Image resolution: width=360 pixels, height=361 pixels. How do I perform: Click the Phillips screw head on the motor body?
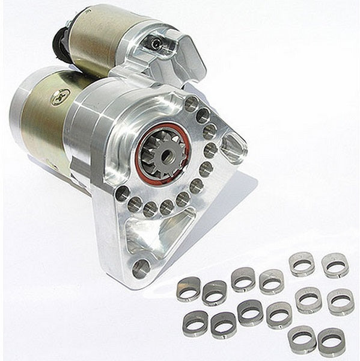(60, 97)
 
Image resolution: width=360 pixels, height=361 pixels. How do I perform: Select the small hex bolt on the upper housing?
(156, 43)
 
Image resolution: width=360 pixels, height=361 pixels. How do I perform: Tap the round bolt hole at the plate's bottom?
(141, 268)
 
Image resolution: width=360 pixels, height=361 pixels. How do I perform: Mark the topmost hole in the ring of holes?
(192, 103)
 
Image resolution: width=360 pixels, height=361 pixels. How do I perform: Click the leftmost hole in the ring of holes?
(123, 193)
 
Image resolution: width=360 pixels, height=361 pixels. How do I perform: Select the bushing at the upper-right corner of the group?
(335, 264)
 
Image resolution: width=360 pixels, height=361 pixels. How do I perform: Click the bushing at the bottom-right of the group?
(331, 341)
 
